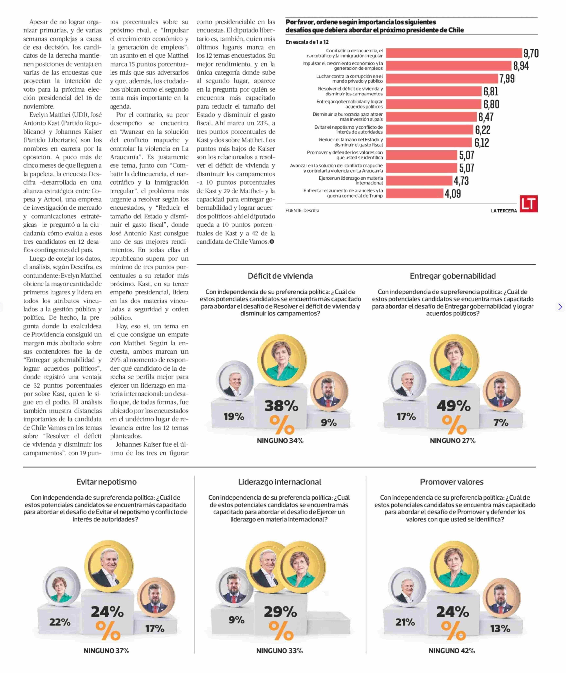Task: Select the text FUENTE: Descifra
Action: pos(302,211)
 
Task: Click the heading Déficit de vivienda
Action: pos(280,276)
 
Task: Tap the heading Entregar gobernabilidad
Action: pos(452,276)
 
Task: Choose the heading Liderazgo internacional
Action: pos(279,482)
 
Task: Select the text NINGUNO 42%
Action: pos(451,651)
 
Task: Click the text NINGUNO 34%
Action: pos(280,441)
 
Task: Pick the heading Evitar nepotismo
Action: pos(107,482)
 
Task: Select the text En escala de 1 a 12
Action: pos(307,42)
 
